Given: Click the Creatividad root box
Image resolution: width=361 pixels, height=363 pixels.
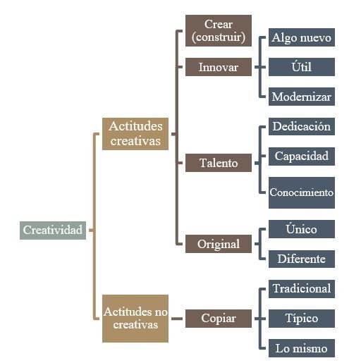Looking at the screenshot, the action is coord(53,230).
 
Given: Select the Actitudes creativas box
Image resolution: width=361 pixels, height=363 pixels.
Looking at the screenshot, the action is coord(135,134).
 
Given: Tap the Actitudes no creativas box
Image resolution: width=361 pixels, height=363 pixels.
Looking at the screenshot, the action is coord(135,319).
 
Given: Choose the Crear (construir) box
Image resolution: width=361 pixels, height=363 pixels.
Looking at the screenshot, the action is coord(219,30).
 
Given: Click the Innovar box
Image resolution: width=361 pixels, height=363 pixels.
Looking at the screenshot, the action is coord(219,67).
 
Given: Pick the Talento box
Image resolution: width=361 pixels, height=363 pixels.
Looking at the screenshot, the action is coord(219,163).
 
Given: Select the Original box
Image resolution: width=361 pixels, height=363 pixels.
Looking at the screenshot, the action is coord(219,244).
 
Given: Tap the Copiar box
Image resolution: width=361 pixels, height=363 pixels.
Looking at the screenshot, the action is coord(219,319).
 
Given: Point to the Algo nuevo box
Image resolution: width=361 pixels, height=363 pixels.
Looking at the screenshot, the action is coord(302,37).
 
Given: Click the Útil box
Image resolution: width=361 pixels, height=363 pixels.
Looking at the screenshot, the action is coord(302,67).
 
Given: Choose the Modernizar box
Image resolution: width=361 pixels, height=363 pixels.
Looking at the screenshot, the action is coord(302,97).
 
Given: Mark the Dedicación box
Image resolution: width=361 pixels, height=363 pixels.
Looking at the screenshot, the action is coord(302,126).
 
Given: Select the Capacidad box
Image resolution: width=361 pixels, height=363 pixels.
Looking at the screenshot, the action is coord(302,156).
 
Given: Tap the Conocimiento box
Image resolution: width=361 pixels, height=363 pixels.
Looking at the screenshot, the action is coord(302,192).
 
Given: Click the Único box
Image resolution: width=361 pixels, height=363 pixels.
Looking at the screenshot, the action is coord(302,229).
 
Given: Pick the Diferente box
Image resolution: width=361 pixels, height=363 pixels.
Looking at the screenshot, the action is coord(302,259).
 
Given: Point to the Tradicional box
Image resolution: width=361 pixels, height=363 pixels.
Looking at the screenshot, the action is coord(302,289).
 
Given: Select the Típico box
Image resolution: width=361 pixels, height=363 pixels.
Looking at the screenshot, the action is coord(302,319).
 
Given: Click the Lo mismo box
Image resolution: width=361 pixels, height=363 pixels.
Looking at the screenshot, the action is coord(302,348).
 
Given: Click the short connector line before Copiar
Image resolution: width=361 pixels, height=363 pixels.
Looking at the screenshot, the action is coord(177,319).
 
